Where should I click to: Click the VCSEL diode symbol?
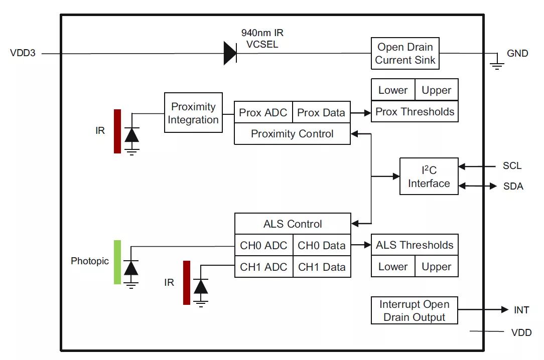230,53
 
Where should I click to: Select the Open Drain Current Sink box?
405,54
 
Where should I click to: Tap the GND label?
517,53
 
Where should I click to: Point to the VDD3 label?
23,53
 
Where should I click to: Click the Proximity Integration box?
193,113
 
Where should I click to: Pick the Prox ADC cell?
263,112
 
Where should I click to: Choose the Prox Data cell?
321,112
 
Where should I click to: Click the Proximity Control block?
292,134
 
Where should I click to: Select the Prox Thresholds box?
415,111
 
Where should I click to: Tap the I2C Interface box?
429,176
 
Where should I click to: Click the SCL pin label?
512,166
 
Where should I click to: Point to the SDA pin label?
513,187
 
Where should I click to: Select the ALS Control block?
293,224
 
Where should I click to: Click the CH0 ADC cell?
263,246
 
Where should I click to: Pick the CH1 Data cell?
322,267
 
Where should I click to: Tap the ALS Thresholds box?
415,245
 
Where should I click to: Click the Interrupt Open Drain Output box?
414,311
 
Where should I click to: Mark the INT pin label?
521,310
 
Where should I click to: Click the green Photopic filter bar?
117,262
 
